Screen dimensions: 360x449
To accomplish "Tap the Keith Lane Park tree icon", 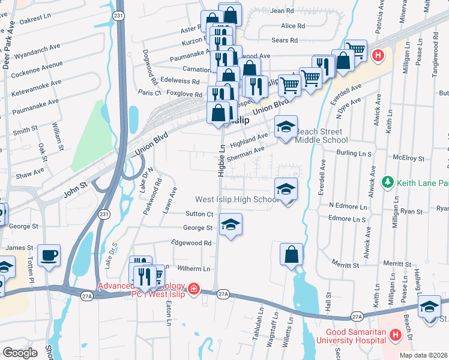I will coord(388,181).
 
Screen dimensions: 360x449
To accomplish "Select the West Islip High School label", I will coord(235,199).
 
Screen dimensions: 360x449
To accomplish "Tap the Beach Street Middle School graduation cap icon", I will coord(286,127).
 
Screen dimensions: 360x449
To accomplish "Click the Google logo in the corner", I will coord(20,352).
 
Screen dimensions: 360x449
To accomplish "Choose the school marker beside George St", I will coord(230,225).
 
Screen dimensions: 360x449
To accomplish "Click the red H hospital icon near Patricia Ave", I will coord(378,56).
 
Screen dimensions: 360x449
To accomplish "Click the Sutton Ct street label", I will coord(199,214).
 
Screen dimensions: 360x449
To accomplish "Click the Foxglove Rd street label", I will coord(184,94).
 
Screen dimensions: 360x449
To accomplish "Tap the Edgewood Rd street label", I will coord(191,243).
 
